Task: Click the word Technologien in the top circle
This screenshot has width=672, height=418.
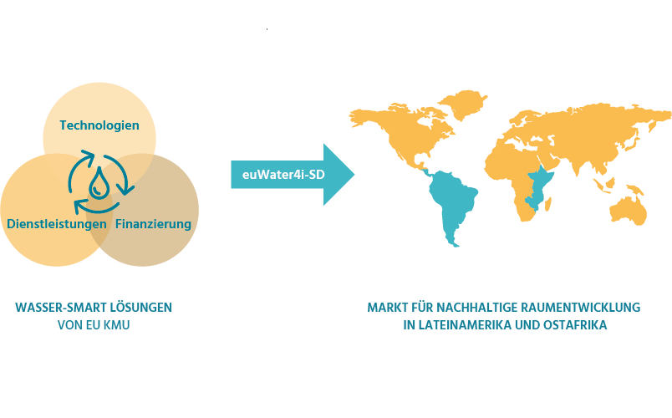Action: coord(99,125)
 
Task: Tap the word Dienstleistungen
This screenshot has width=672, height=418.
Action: coord(57,224)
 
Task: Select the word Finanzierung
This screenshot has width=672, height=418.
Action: coord(153,224)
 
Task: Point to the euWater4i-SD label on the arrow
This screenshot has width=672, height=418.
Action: coord(283,175)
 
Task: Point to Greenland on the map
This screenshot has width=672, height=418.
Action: coord(463,104)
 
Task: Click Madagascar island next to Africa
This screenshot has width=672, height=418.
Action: coord(547,204)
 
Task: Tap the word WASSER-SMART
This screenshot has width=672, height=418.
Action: coord(61,308)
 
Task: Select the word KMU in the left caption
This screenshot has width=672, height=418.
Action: coord(116,325)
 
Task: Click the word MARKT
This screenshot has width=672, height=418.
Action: coord(388,308)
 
